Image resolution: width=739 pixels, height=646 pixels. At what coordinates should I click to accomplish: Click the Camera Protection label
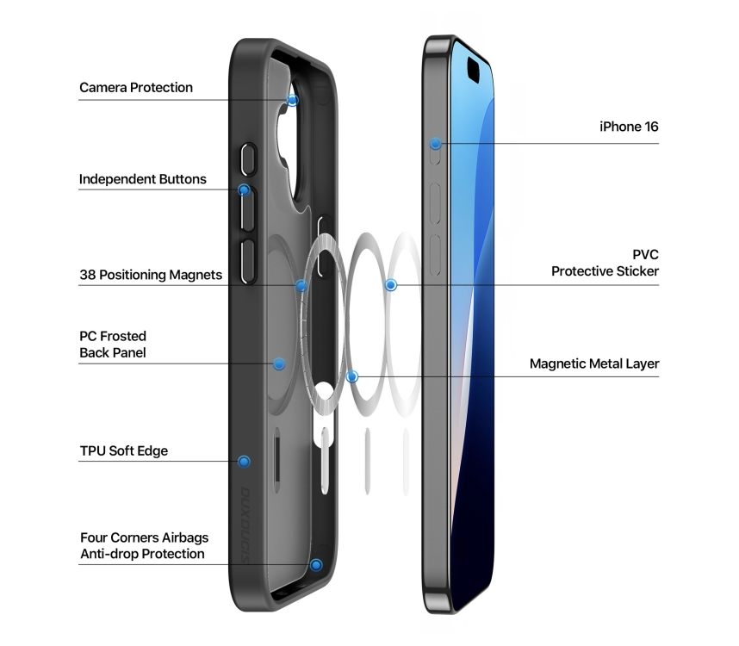(x=136, y=88)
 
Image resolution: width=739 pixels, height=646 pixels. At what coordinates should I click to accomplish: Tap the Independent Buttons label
(x=142, y=179)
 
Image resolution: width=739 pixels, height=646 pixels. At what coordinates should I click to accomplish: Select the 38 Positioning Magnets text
(x=151, y=275)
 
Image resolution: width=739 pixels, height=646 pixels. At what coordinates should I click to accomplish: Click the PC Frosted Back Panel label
(x=113, y=345)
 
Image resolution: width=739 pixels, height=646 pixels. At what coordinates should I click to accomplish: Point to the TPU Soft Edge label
(x=124, y=451)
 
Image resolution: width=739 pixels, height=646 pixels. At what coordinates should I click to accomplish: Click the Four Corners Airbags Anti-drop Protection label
(x=144, y=545)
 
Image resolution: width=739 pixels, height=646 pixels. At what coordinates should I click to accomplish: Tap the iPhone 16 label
(x=629, y=127)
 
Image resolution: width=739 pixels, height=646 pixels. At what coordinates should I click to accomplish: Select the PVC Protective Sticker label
(x=605, y=263)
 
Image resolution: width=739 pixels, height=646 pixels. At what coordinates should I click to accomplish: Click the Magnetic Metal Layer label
(x=594, y=363)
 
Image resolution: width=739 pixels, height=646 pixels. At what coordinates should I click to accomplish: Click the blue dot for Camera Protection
(x=293, y=101)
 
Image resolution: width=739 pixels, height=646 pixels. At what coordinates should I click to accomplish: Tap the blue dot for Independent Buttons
(x=244, y=190)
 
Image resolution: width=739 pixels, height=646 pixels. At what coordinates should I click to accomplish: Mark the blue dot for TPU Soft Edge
(x=244, y=462)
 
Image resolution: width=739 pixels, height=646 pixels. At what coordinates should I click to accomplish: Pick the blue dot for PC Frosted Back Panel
(x=279, y=363)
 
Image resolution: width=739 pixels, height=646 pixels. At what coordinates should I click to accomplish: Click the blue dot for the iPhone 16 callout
(x=436, y=144)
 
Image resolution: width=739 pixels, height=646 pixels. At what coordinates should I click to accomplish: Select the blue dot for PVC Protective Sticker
(x=391, y=285)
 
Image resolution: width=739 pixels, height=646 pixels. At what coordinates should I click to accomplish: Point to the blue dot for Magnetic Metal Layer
(x=352, y=376)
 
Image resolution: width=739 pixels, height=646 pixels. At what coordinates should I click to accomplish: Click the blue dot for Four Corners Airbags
(x=316, y=565)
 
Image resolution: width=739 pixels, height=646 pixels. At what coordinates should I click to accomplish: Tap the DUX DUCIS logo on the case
(x=245, y=525)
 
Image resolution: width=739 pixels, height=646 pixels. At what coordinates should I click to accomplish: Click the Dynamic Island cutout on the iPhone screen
(x=473, y=69)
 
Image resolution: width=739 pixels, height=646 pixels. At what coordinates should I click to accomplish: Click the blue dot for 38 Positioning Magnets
(x=301, y=286)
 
